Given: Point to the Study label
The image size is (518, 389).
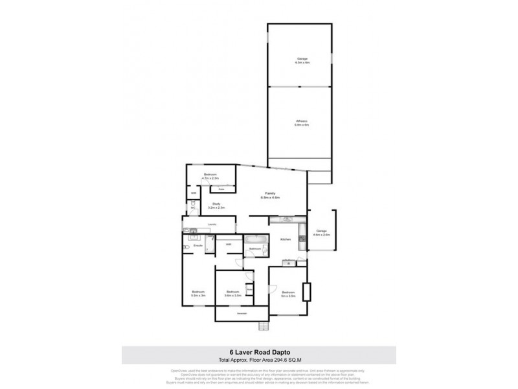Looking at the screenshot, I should click(216, 206).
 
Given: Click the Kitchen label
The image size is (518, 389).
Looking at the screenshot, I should click(285, 241).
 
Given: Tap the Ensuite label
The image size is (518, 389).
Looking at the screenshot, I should click(198, 246).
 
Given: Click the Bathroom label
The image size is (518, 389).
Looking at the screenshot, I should click(254, 249).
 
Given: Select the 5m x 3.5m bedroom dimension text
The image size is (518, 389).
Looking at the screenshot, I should click(288, 295).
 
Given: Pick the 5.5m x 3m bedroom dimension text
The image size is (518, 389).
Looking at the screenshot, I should click(197, 295).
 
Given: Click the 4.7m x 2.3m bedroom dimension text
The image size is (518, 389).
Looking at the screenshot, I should click(212, 178).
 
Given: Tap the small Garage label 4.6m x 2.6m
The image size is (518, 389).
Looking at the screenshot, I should click(322, 234).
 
